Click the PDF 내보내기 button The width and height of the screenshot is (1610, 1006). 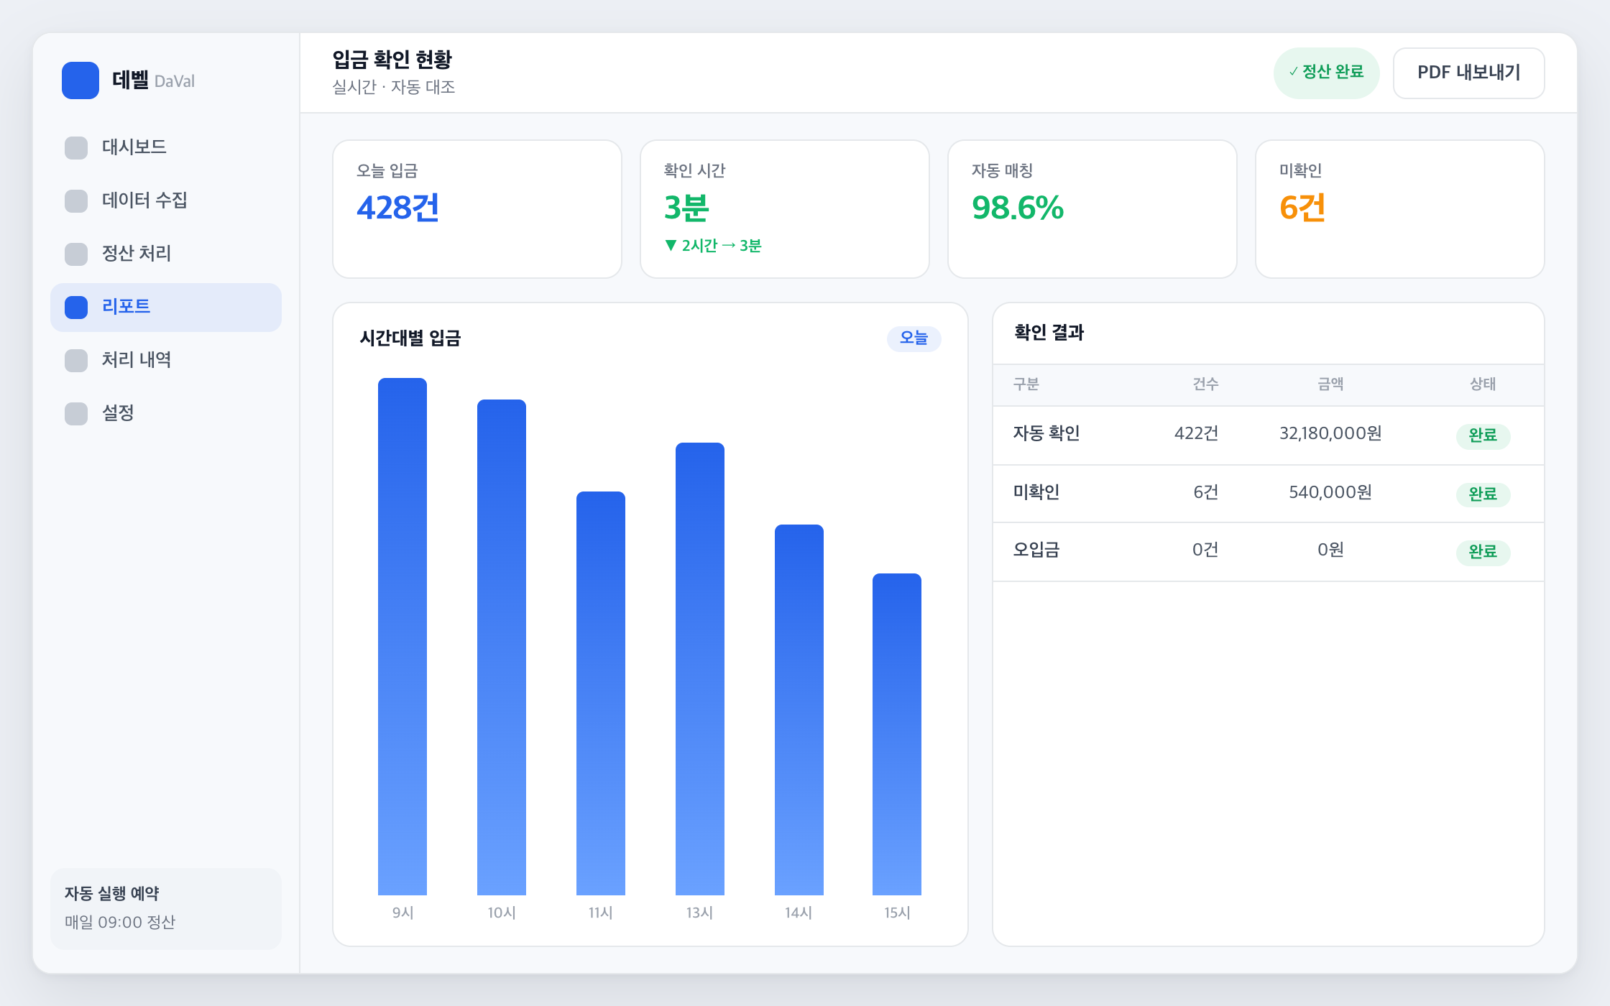tap(1468, 73)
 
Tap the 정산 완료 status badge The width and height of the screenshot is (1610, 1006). tap(1326, 73)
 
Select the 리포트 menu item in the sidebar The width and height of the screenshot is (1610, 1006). tap(166, 307)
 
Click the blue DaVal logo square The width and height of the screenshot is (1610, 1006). tap(80, 80)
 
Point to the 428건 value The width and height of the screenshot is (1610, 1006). tap(397, 208)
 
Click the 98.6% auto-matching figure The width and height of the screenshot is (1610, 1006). tap(1018, 208)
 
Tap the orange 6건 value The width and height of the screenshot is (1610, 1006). tap(1302, 208)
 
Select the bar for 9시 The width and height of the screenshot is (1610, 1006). tap(402, 637)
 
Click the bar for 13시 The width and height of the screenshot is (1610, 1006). tap(700, 669)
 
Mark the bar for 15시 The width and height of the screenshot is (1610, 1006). tap(897, 734)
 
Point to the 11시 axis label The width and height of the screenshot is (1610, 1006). tap(601, 913)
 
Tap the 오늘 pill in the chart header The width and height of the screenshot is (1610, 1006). tap(914, 338)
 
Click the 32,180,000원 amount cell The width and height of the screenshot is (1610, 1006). tap(1330, 433)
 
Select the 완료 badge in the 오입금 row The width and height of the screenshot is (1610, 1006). tap(1483, 552)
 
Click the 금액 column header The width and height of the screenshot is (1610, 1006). tap(1330, 384)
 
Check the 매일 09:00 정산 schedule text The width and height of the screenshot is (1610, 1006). tap(120, 922)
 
